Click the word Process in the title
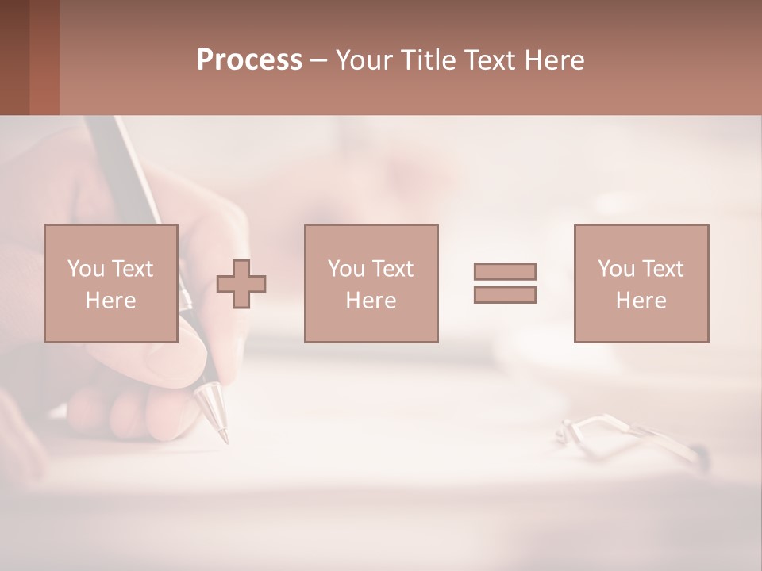click(x=249, y=60)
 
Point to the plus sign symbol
click(x=241, y=284)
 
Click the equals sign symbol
click(x=505, y=283)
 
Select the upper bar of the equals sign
click(x=505, y=271)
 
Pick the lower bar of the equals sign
click(x=505, y=295)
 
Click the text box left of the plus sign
click(x=110, y=283)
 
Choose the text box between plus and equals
click(x=371, y=283)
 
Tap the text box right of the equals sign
click(x=641, y=283)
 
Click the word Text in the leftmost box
click(x=133, y=269)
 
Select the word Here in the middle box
click(x=371, y=301)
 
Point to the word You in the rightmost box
click(x=617, y=269)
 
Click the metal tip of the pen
click(x=213, y=409)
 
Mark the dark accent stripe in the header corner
click(x=44, y=57)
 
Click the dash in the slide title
click(x=319, y=60)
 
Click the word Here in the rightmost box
click(x=641, y=301)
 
